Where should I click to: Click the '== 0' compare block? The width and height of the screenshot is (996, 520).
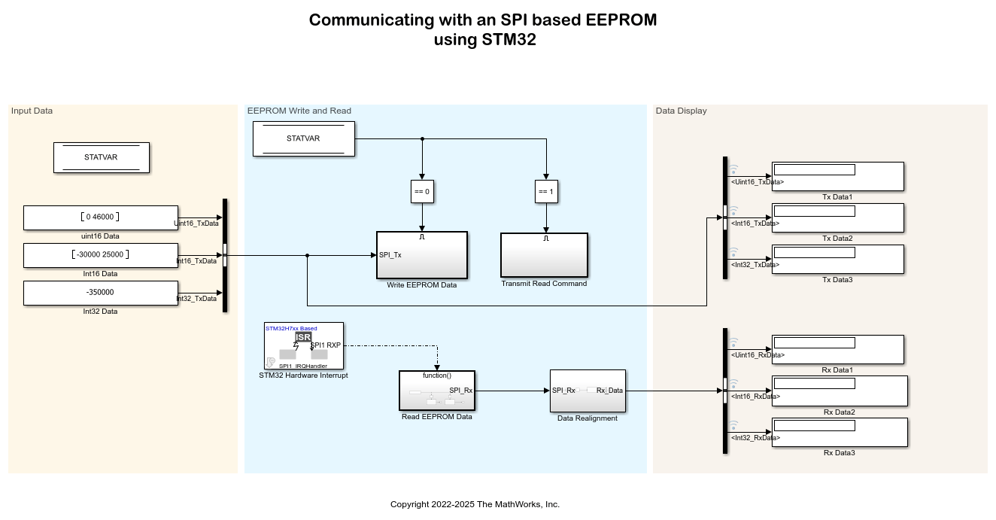pos(422,191)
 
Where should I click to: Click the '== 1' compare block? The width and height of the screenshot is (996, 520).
pos(546,191)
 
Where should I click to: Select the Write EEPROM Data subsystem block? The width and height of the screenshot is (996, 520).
pos(422,255)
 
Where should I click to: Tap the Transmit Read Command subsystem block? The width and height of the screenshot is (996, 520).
pos(544,255)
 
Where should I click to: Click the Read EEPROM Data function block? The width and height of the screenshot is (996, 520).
pos(436,390)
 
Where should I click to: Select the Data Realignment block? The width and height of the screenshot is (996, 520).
pos(588,391)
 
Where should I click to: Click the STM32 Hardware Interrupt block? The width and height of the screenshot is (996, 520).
pos(303,346)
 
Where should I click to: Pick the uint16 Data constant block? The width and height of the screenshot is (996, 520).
pos(101,217)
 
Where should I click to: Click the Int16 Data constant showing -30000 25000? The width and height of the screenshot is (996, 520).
pos(101,255)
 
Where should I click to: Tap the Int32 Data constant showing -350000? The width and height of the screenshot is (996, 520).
pos(101,293)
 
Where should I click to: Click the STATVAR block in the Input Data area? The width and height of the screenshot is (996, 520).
pos(102,157)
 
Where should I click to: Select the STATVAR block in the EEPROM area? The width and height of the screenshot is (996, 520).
pos(303,139)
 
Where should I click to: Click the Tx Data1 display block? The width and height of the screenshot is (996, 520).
pos(837,176)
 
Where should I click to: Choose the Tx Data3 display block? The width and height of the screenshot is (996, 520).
pos(837,259)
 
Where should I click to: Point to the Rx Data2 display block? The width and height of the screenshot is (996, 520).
pos(840,391)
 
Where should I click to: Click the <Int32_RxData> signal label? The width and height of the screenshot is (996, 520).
pos(755,438)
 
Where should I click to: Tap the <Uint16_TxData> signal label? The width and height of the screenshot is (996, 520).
pos(757,182)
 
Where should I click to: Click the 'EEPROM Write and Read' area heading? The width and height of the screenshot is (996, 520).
pos(299,111)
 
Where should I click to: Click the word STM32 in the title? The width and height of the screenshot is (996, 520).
pos(509,40)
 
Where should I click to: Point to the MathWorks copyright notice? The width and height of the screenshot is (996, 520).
pos(475,504)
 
